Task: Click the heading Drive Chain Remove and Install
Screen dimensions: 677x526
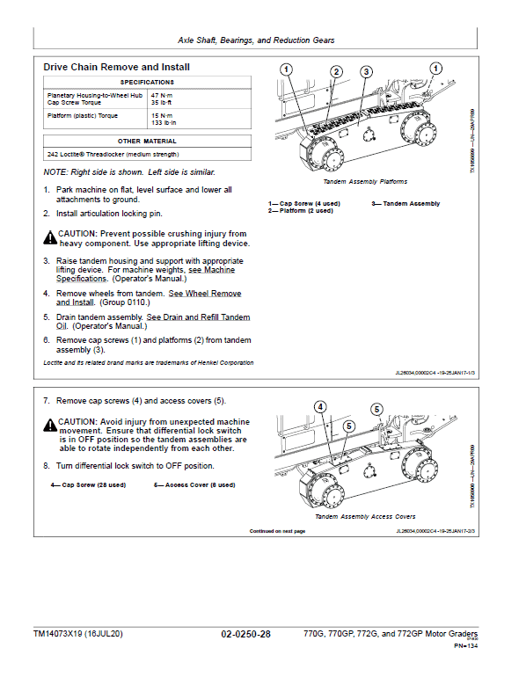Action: (x=116, y=67)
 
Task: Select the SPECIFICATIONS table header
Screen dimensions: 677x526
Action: (x=147, y=82)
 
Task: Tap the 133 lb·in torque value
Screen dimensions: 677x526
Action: (x=164, y=122)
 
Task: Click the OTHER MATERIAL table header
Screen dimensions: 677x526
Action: (x=147, y=141)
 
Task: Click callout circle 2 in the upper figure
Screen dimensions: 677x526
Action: (x=336, y=71)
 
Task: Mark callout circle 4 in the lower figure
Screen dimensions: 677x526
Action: (x=320, y=407)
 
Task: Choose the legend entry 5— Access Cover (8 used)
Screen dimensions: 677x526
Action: (x=194, y=484)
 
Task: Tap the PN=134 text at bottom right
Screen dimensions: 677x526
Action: (x=465, y=646)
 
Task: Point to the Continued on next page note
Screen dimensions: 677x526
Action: (x=277, y=531)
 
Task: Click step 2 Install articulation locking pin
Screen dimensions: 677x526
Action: (x=109, y=214)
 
